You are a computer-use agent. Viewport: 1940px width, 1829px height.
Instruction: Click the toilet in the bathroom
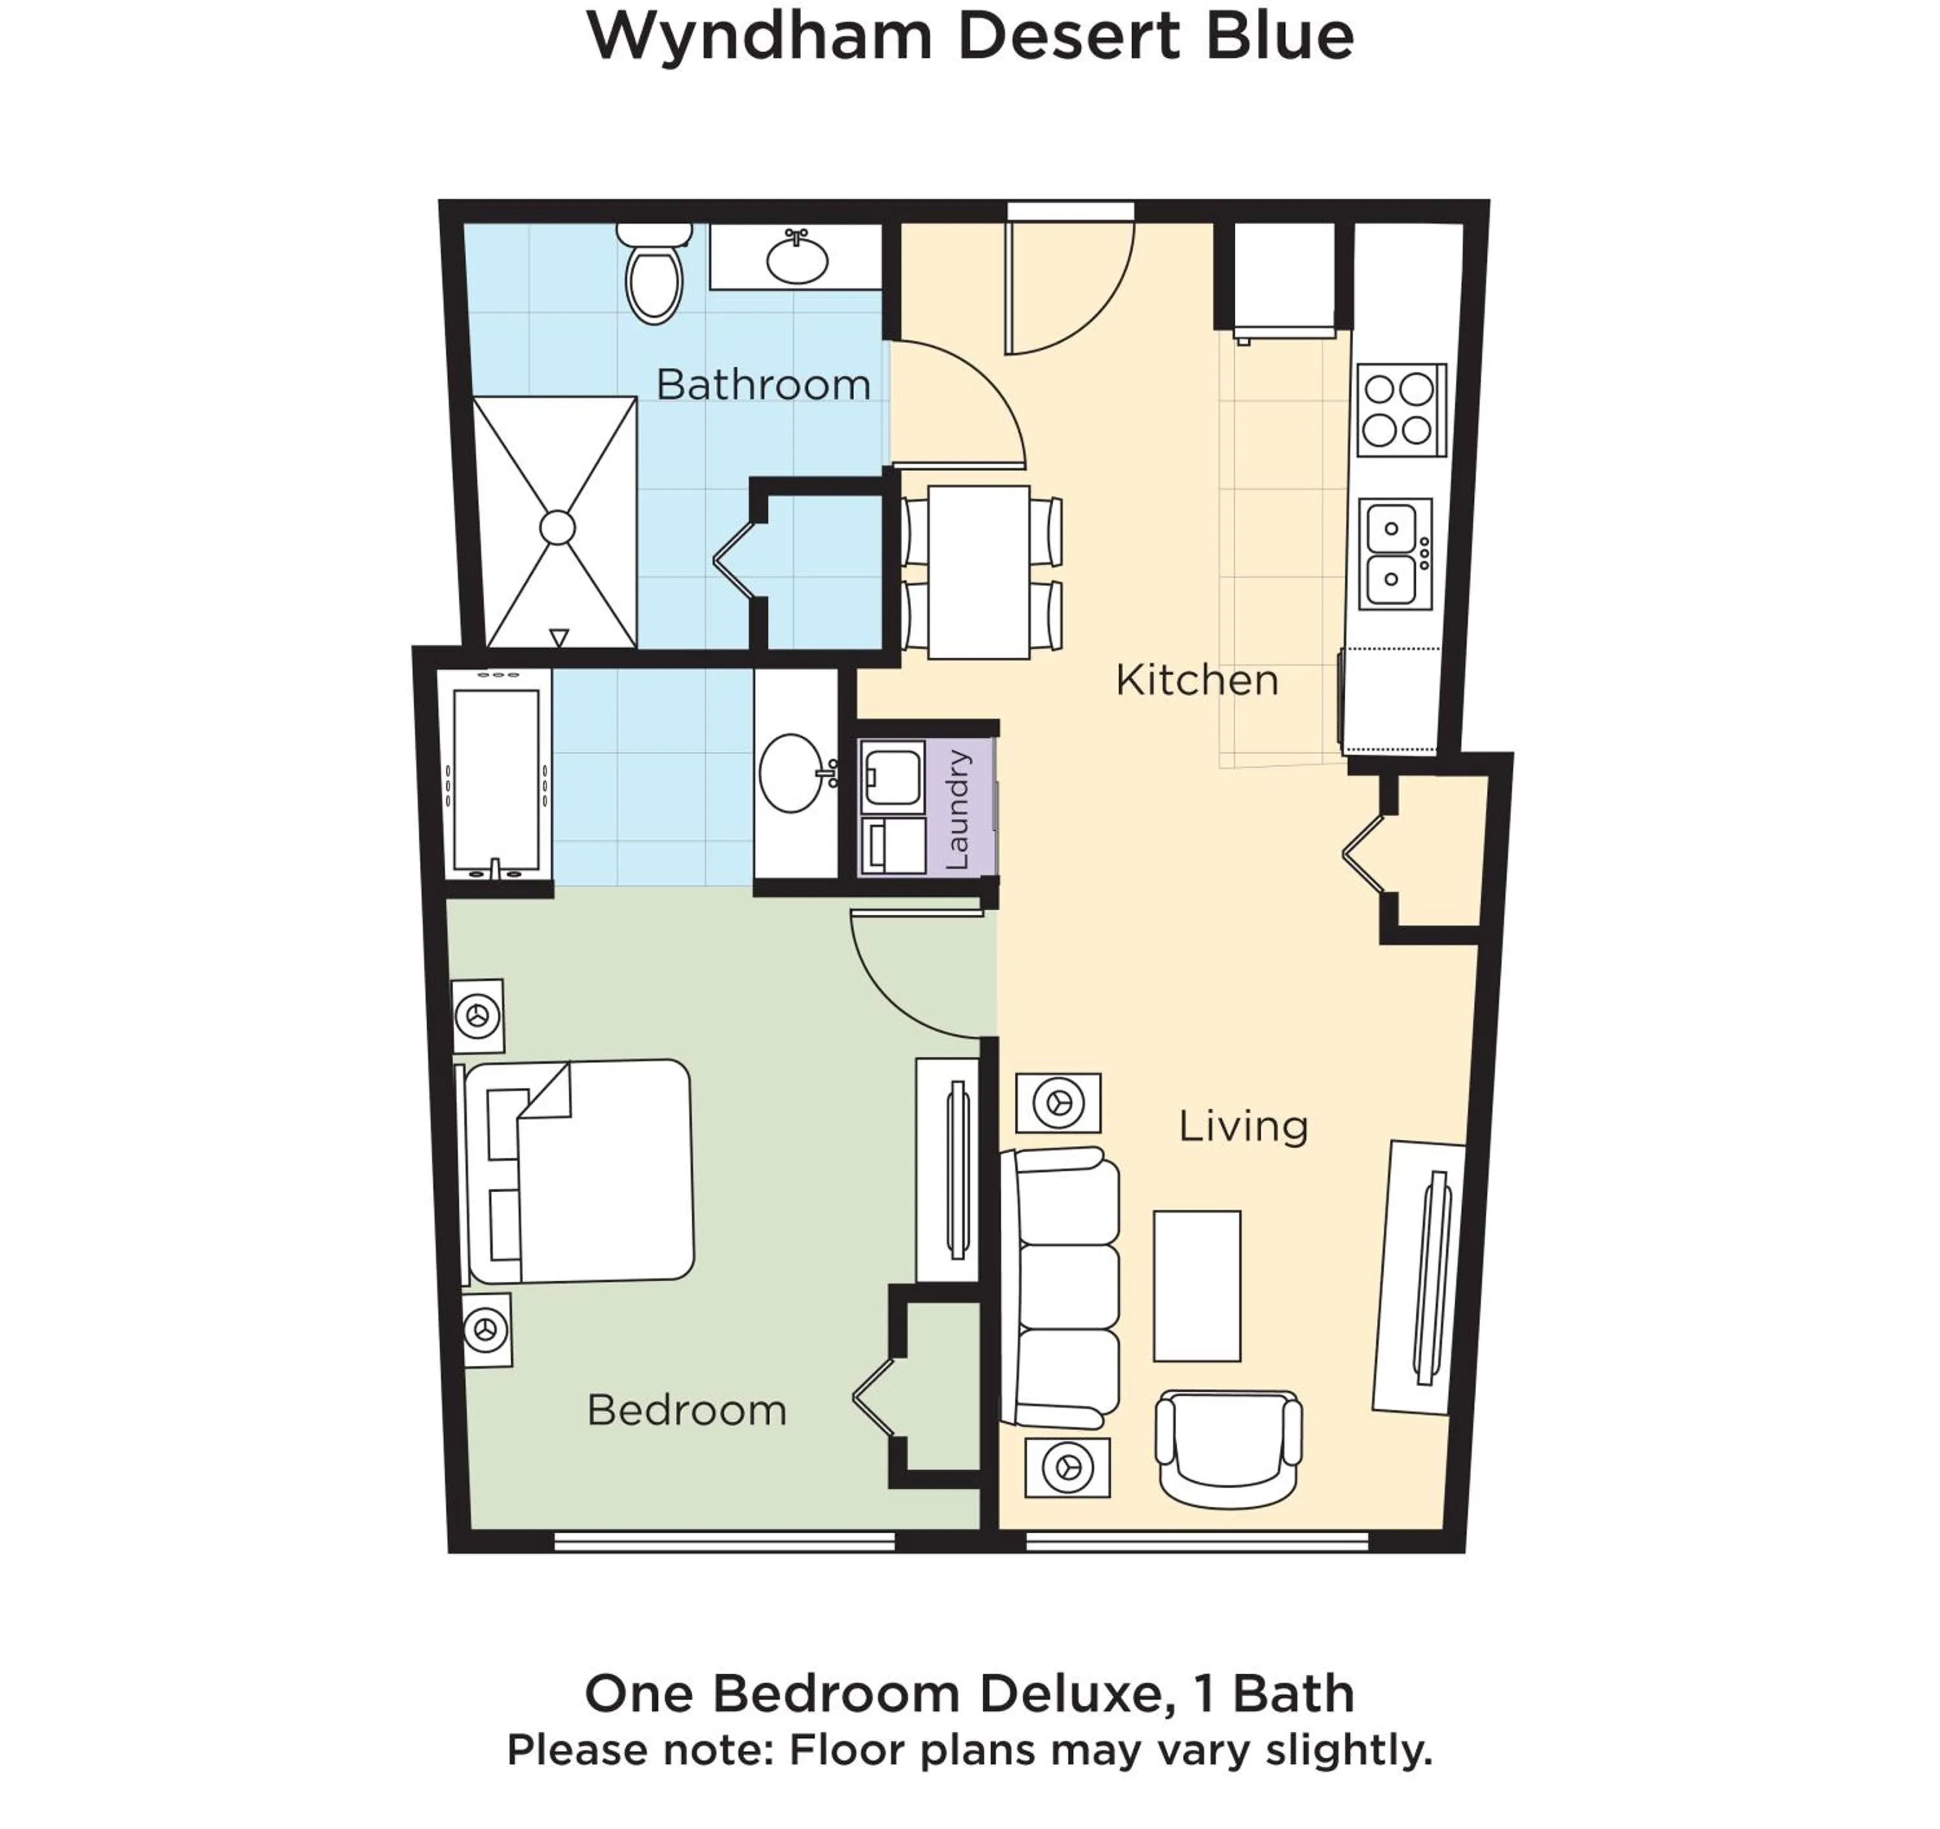click(x=654, y=277)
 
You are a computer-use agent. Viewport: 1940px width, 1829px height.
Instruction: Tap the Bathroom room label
click(x=763, y=385)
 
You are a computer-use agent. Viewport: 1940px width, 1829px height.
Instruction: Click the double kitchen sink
click(x=1394, y=554)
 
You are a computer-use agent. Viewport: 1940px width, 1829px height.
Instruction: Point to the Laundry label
click(x=958, y=810)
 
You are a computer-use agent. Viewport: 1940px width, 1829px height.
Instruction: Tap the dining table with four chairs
click(x=979, y=573)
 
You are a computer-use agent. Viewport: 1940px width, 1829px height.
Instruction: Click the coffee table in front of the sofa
click(x=1196, y=1285)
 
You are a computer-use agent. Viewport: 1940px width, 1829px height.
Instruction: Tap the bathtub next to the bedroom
click(x=496, y=780)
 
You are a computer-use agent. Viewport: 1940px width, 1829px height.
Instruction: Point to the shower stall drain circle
click(x=557, y=528)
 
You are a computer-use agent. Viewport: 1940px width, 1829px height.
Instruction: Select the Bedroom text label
click(x=686, y=1410)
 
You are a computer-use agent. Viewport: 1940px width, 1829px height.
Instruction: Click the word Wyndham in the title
click(x=759, y=37)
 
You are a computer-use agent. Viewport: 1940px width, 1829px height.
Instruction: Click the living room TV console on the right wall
click(x=1421, y=1278)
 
